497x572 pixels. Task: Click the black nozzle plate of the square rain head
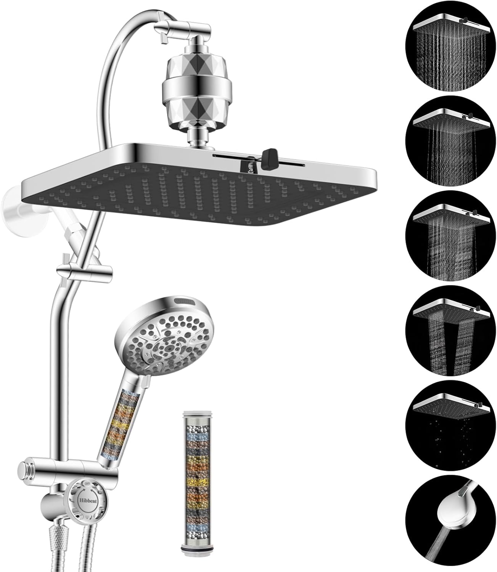191,191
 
